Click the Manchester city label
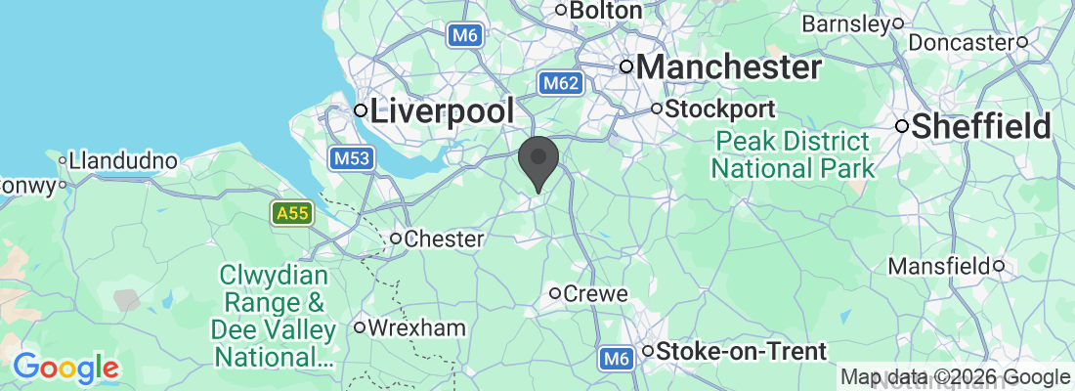pos(729,67)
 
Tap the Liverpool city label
pos(443,110)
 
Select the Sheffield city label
pos(981,126)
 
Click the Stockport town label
pos(720,109)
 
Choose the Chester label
pos(444,239)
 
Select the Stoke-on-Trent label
pos(741,351)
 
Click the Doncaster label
pos(963,42)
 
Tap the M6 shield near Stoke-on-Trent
pos(614,359)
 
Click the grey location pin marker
pos(538,162)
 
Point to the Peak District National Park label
pos(793,153)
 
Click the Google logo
pos(65,368)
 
